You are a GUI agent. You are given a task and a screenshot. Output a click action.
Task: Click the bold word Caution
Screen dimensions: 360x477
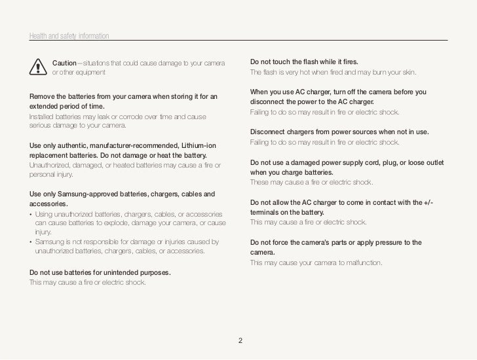coord(64,62)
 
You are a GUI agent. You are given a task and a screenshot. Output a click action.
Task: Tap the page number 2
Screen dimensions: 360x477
coord(240,340)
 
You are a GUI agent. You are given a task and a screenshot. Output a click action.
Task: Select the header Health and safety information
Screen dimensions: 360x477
coord(69,35)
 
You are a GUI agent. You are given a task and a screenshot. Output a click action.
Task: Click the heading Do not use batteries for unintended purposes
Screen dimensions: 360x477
coord(100,272)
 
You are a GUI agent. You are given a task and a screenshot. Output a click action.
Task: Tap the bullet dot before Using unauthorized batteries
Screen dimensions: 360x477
coord(31,215)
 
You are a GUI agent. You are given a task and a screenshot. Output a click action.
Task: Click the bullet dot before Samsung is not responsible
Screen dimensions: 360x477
coord(31,242)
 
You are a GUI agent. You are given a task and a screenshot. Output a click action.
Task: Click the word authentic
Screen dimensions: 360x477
coord(72,145)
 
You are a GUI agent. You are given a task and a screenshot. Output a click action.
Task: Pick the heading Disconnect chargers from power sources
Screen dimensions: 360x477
coord(339,132)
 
